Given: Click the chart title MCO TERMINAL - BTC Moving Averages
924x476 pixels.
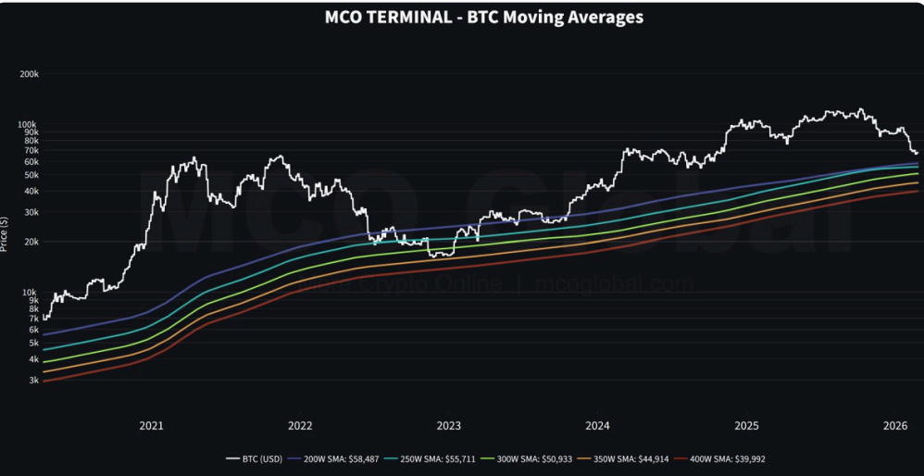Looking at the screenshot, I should pos(484,17).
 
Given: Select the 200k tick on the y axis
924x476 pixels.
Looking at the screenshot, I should pos(28,74).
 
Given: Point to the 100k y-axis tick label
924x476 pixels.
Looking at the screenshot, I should pos(28,124).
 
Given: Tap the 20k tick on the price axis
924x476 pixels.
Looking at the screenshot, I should pos(30,242).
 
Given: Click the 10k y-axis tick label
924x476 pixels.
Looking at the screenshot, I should pos(30,293).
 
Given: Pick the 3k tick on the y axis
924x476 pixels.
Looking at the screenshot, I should pos(32,380).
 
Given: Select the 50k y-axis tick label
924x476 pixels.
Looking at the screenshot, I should pos(30,175).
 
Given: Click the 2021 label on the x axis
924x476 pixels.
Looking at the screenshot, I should pos(151,426).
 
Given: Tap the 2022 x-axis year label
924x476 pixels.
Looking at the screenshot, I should pos(300,426).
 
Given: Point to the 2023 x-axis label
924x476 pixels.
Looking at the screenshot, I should pos(448,426).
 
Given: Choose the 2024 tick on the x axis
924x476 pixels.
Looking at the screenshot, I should pos(597,426).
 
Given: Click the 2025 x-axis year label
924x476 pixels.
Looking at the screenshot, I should pos(746,426).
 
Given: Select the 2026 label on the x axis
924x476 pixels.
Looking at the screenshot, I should pos(894,426).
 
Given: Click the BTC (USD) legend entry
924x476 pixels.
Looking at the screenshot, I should pos(256,458).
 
